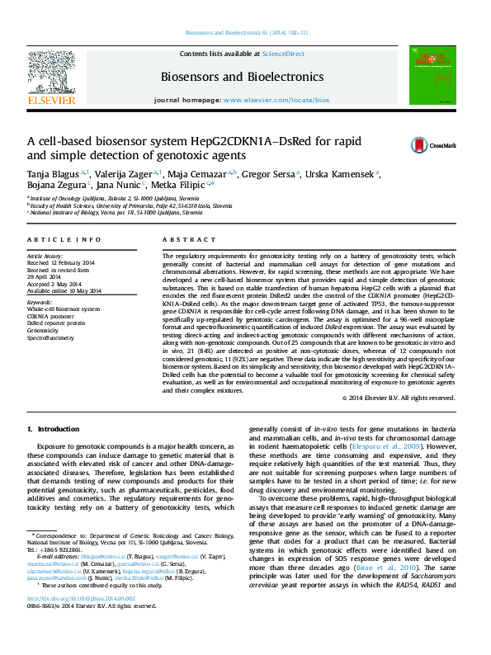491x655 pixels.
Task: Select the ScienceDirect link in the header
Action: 284,54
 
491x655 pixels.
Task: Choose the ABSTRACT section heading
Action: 177,239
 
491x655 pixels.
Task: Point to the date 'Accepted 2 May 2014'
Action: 59,284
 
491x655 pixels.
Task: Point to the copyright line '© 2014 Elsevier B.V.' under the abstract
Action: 399,398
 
